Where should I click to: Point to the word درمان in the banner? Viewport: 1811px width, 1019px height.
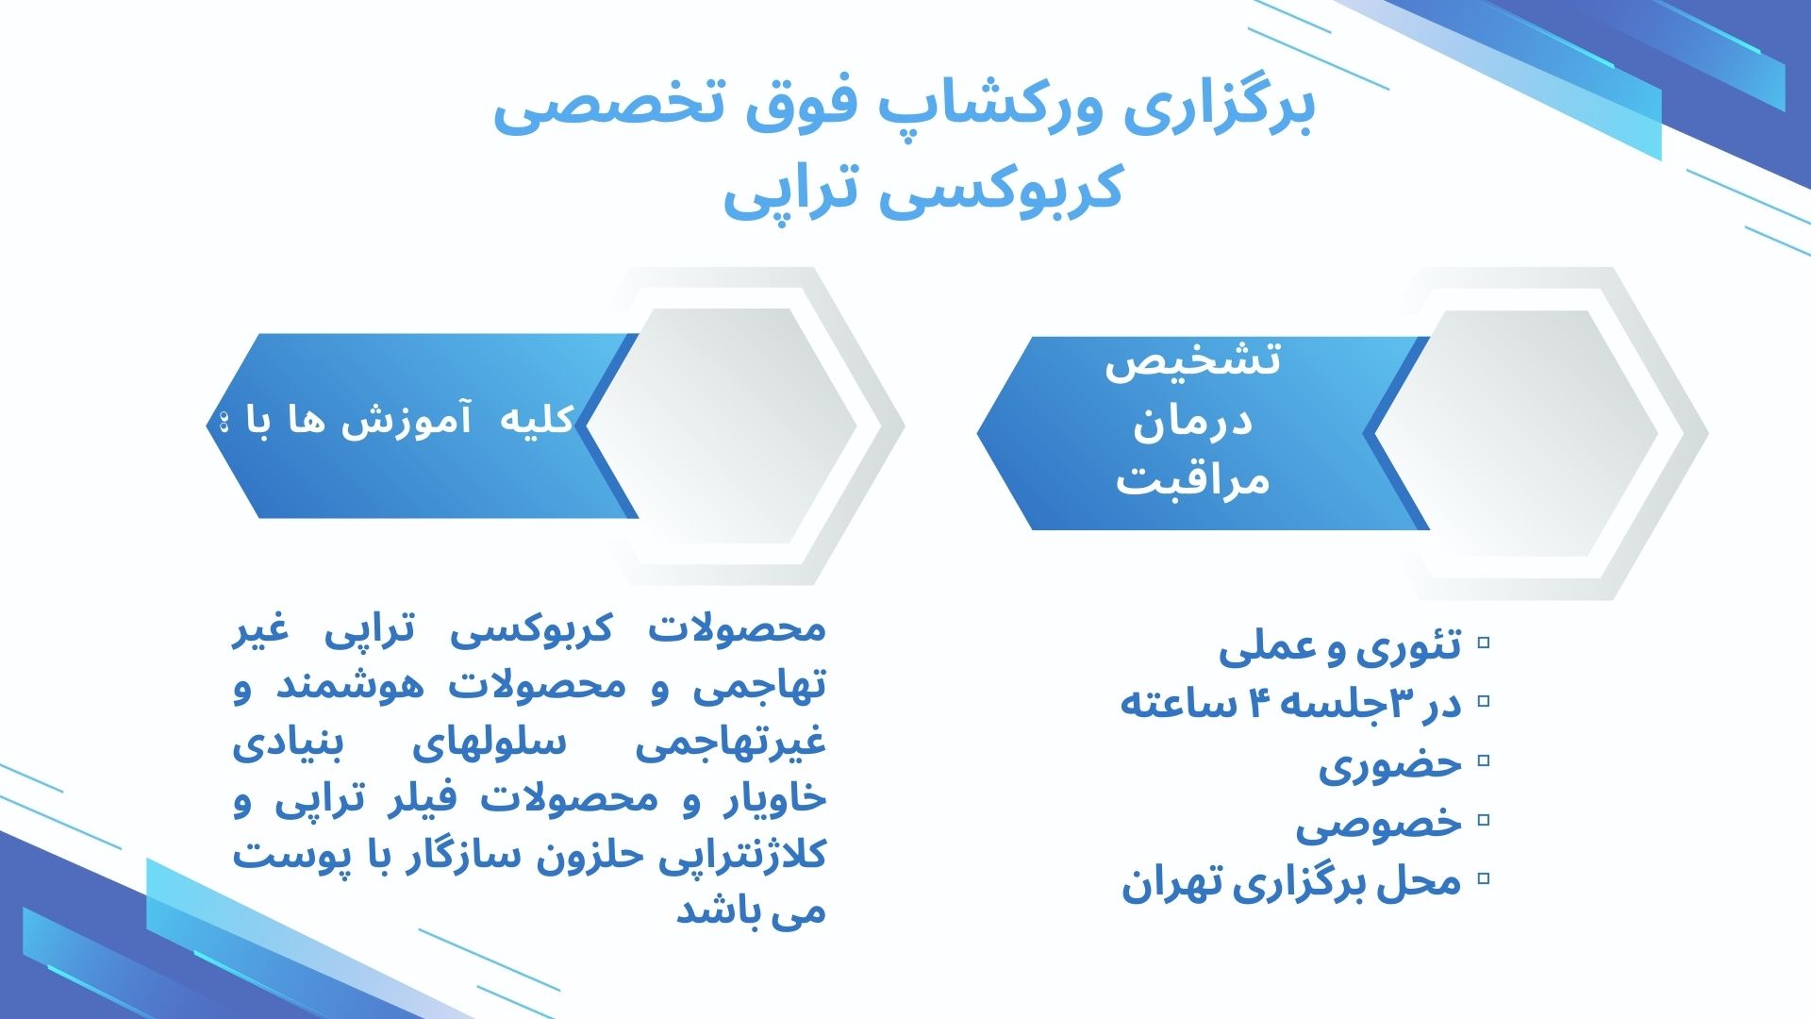click(1192, 421)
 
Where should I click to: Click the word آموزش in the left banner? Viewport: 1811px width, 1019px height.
click(407, 420)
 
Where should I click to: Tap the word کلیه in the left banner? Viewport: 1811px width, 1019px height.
click(536, 420)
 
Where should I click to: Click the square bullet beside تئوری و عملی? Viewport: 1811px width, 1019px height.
click(1484, 643)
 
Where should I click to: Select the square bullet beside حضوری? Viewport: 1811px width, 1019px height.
click(1484, 760)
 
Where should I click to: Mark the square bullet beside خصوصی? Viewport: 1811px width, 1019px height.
click(1484, 819)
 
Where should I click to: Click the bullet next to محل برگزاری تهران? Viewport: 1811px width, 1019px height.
click(1484, 878)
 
